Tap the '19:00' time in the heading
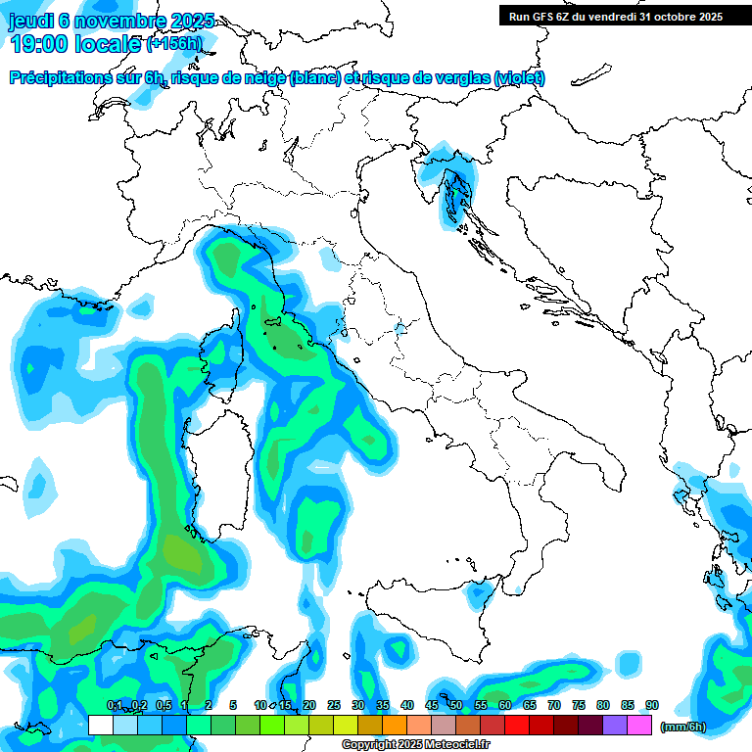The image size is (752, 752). (39, 44)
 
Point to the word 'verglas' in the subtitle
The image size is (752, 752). (458, 77)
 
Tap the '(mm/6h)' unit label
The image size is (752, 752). (682, 726)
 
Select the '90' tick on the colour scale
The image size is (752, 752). (651, 706)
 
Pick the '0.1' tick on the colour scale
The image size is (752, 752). (114, 706)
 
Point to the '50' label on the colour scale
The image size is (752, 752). (456, 706)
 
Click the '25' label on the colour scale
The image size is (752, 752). (334, 706)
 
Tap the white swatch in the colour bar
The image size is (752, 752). (100, 725)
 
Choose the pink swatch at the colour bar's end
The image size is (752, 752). (639, 725)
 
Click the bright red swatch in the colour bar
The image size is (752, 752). (517, 725)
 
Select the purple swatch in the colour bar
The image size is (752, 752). (615, 725)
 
